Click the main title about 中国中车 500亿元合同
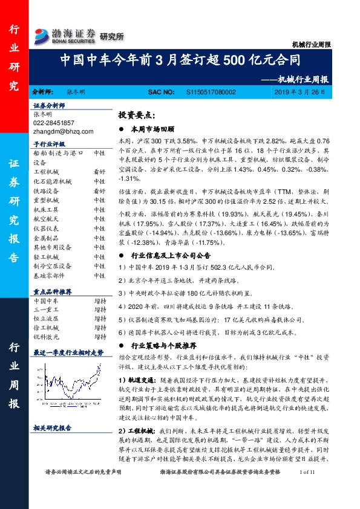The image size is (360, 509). (x=181, y=61)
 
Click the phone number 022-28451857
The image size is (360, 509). (x=54, y=122)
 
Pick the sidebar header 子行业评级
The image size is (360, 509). (x=49, y=144)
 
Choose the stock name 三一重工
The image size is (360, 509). (x=47, y=308)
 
